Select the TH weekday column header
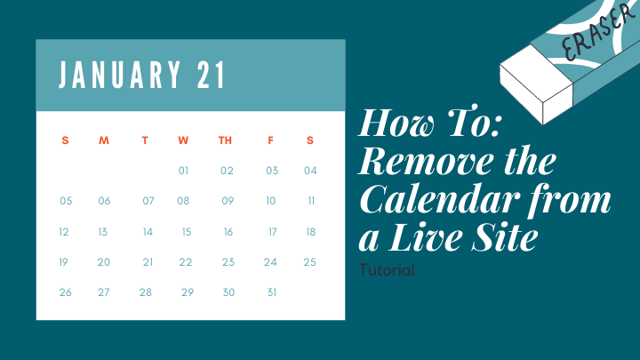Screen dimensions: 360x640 click(226, 140)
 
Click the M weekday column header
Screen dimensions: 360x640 click(104, 140)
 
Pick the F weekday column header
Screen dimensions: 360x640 click(270, 140)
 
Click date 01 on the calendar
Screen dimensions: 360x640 click(184, 171)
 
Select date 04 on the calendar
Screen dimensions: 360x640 click(310, 171)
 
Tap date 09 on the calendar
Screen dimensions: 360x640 click(228, 201)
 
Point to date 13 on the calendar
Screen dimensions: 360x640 click(103, 232)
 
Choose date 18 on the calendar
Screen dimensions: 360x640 click(310, 232)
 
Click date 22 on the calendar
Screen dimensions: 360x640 click(185, 262)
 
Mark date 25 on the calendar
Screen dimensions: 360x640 click(309, 262)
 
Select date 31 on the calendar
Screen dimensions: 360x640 click(272, 292)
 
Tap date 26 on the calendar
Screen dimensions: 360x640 click(65, 292)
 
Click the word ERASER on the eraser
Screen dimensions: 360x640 click(581, 36)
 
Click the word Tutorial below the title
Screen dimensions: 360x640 click(387, 269)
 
